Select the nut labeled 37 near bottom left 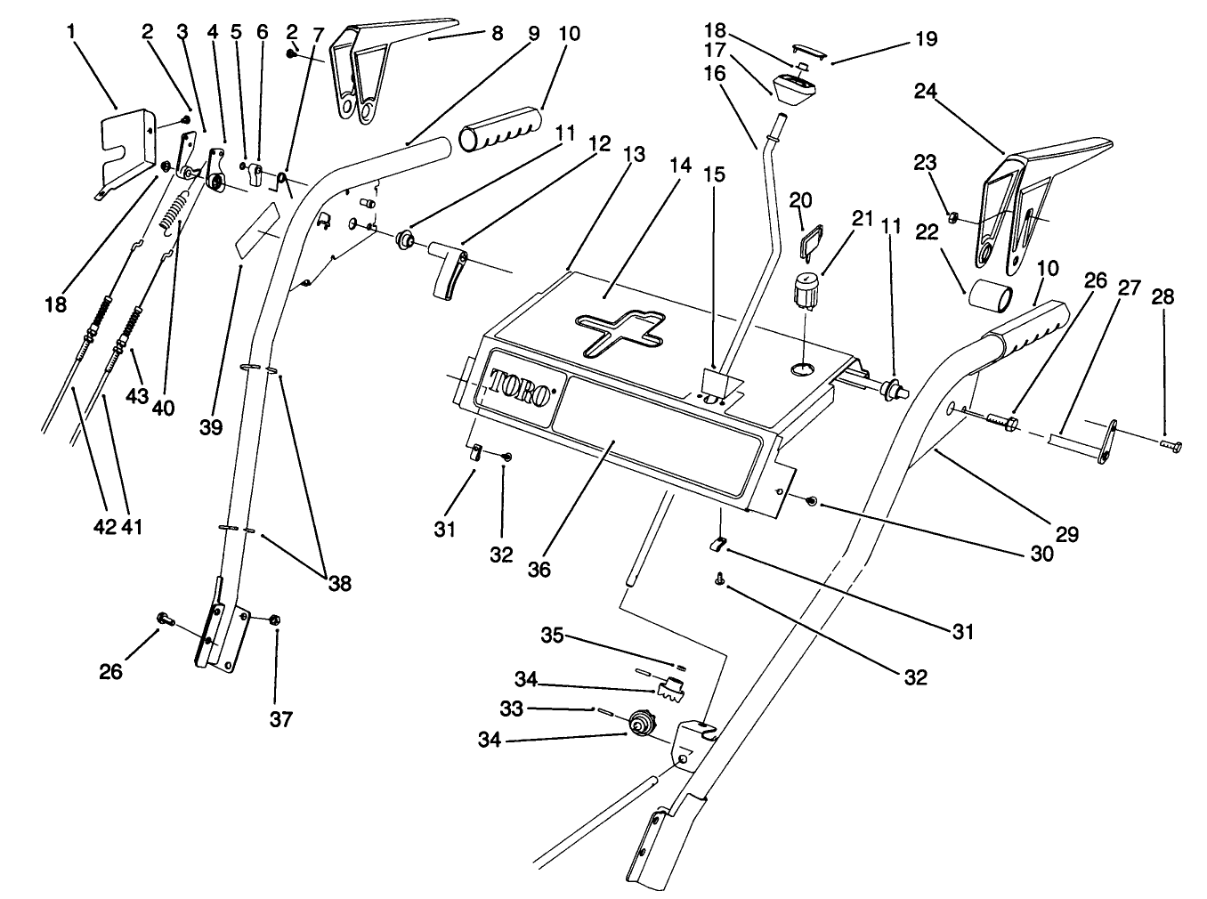pos(275,619)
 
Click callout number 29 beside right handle pos(1066,534)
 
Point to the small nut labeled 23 pos(951,217)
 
